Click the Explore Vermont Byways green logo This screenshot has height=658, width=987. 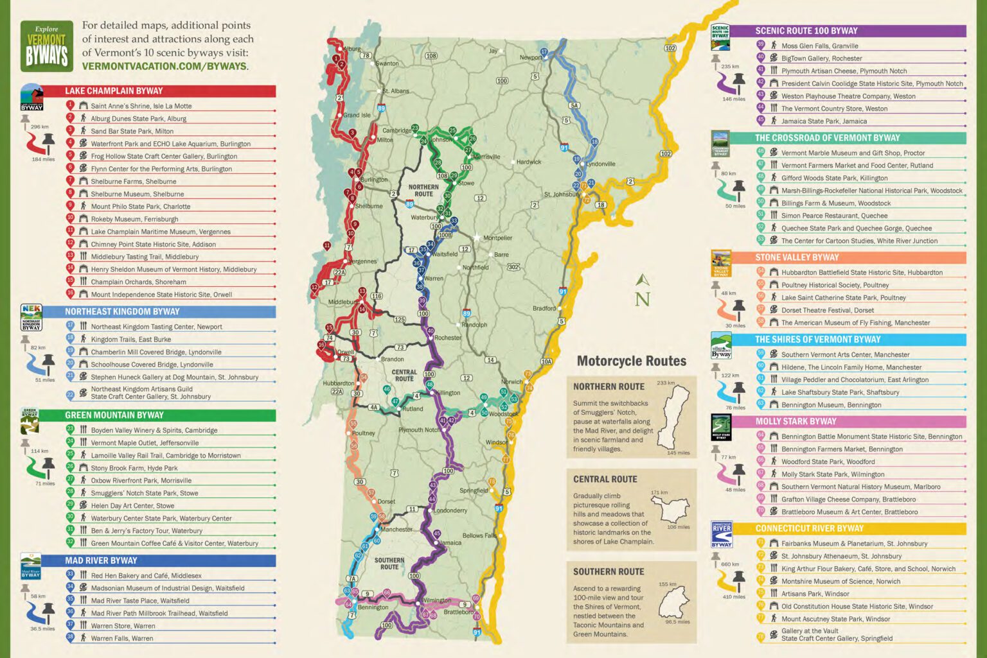point(46,46)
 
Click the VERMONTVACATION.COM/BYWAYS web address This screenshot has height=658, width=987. point(164,66)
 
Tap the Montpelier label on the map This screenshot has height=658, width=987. point(497,238)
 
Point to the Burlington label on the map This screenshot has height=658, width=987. point(374,180)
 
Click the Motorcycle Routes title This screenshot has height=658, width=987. point(631,361)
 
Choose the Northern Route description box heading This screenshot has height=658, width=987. point(609,386)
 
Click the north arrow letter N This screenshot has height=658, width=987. point(642,299)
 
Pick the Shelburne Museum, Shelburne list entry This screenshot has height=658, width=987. point(137,194)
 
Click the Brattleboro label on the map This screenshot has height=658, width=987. point(458,612)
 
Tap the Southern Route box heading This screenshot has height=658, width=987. point(608,571)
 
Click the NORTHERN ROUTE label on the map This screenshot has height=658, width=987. point(423,191)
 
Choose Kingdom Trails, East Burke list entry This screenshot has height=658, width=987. point(130,340)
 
